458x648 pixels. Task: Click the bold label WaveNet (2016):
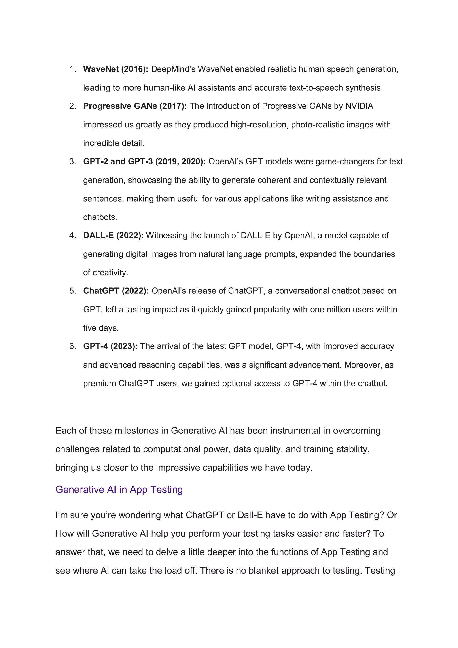(x=115, y=69)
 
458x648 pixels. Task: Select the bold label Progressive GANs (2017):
(x=135, y=106)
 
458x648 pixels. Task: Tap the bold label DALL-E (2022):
(x=113, y=235)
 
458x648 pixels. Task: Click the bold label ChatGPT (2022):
(x=116, y=291)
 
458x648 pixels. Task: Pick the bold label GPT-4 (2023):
(x=110, y=346)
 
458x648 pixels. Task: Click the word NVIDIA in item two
(x=359, y=106)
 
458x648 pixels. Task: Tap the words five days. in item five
(x=101, y=328)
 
